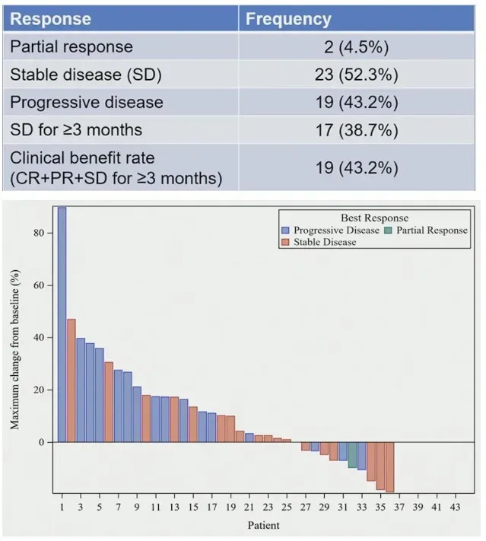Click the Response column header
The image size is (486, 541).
click(x=51, y=19)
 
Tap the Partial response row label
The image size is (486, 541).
click(x=71, y=46)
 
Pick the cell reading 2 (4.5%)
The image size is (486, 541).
click(x=357, y=47)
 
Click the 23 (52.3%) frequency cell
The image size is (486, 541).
click(x=357, y=75)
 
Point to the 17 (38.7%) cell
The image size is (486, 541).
click(x=357, y=129)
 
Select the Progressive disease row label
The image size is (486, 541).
click(x=86, y=102)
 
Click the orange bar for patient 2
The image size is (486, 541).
click(x=71, y=380)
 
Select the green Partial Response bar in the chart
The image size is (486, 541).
click(x=352, y=454)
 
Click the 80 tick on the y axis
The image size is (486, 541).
click(x=39, y=233)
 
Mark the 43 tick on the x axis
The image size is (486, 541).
click(x=456, y=507)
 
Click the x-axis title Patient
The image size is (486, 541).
click(x=263, y=525)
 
